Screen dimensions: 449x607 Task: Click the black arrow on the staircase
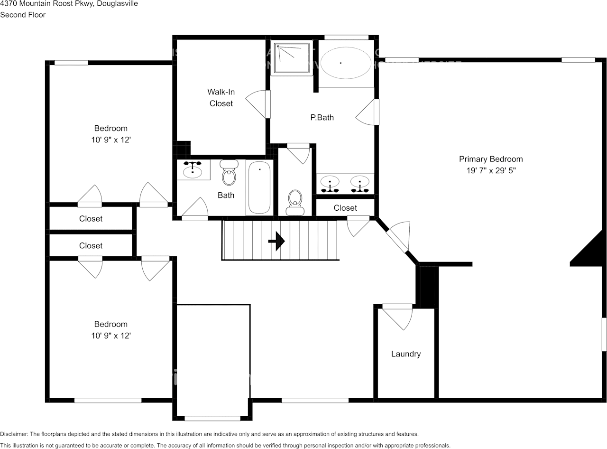[276, 241]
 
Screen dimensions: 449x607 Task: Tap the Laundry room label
[405, 354]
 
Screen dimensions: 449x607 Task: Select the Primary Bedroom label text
[490, 159]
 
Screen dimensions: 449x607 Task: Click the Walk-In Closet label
[221, 97]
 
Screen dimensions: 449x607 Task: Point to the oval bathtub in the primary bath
[346, 63]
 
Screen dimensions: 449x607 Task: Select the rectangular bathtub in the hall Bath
[259, 187]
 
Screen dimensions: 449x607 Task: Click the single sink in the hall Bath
[193, 170]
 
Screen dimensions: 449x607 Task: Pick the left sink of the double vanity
[330, 182]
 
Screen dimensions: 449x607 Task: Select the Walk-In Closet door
[259, 104]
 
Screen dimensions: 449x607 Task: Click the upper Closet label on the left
[91, 219]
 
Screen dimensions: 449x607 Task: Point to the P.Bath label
[322, 117]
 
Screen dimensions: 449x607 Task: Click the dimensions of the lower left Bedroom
[111, 336]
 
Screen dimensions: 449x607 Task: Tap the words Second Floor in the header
[23, 15]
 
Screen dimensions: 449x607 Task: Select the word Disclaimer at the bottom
[14, 434]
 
